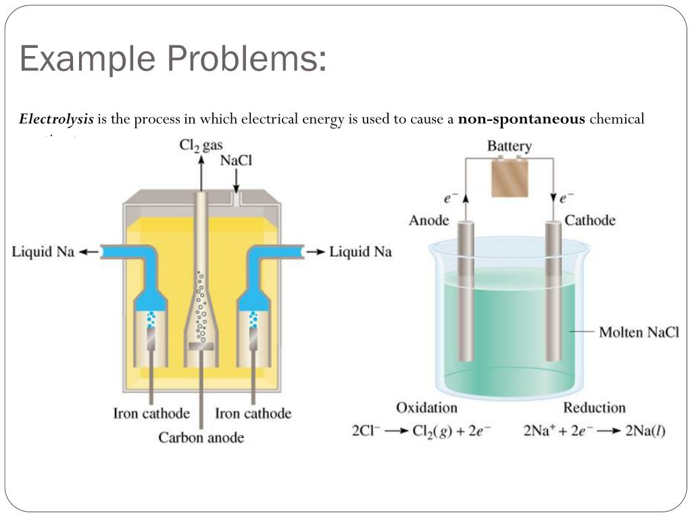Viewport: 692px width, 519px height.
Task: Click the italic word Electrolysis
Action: (x=56, y=120)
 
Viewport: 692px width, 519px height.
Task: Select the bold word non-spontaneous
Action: (x=521, y=120)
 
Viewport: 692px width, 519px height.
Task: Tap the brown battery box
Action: (x=510, y=178)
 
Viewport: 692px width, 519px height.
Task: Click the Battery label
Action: (x=510, y=146)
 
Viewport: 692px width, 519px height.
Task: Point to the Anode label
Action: (x=429, y=220)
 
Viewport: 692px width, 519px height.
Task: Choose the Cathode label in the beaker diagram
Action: (x=590, y=220)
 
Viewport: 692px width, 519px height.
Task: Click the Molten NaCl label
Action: (x=639, y=332)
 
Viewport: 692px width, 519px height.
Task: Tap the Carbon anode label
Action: (x=201, y=438)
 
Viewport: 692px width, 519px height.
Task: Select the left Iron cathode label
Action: (x=151, y=414)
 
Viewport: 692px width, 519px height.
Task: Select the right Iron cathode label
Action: (x=253, y=414)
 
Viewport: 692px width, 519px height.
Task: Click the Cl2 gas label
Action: (x=201, y=145)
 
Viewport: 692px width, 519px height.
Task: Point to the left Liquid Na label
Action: (x=43, y=252)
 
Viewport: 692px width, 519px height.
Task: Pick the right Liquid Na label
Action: (x=360, y=252)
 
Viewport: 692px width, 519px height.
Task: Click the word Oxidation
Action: (x=426, y=407)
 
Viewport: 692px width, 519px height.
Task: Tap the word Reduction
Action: (x=595, y=407)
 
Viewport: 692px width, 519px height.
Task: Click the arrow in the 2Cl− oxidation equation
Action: (x=396, y=431)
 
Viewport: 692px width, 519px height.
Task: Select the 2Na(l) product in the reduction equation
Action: (x=645, y=431)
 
